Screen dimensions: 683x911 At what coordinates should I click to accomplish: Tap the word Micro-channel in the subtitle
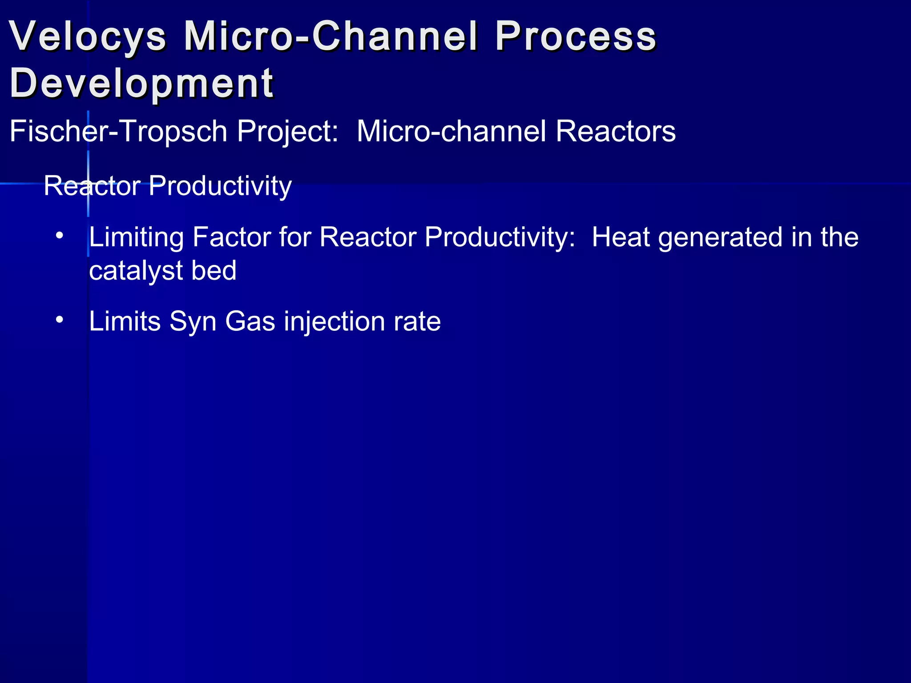point(451,132)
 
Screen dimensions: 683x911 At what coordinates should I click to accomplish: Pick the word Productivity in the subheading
point(220,186)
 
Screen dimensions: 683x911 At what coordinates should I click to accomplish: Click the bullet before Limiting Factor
point(60,236)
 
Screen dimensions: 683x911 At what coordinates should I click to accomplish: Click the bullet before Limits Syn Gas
point(60,320)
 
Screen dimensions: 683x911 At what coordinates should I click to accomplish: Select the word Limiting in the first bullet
point(136,237)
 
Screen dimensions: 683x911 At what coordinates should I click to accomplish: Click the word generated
point(720,237)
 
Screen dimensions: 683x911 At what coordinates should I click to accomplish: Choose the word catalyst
point(136,271)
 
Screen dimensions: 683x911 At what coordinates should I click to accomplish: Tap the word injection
point(334,322)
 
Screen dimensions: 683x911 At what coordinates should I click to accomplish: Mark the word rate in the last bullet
point(417,322)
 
